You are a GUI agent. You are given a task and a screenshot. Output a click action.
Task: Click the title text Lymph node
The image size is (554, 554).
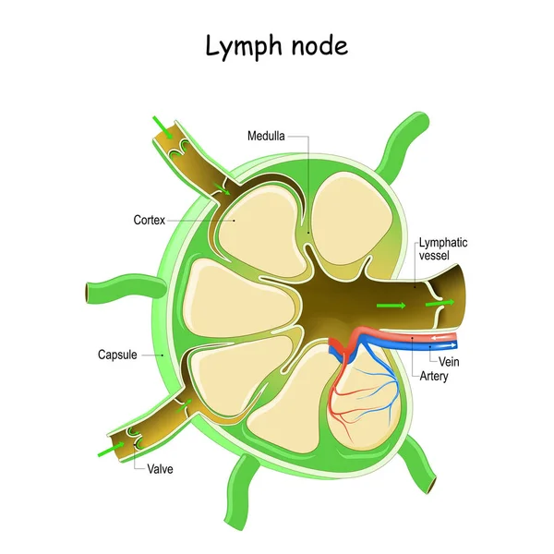tap(277, 45)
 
